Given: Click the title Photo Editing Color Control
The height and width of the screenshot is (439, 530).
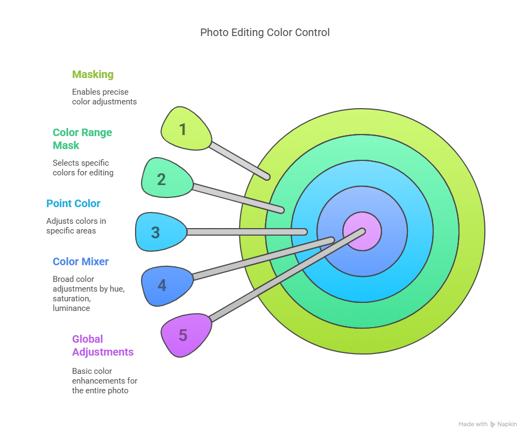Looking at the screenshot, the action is (x=265, y=32).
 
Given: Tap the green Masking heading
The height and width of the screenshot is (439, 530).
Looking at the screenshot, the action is (x=93, y=74).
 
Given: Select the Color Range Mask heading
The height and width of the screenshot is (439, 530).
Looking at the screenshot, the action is (x=82, y=139).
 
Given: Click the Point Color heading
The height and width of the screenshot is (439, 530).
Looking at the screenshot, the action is (x=73, y=203).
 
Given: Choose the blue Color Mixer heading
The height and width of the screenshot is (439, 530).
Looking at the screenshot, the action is (x=81, y=261).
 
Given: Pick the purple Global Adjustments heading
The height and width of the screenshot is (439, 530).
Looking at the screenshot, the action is (x=103, y=345).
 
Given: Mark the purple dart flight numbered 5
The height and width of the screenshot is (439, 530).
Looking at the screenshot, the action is (x=186, y=335).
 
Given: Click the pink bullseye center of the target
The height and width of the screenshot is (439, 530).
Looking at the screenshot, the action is (x=362, y=231).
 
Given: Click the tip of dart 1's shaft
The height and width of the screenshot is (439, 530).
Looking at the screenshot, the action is (x=267, y=177).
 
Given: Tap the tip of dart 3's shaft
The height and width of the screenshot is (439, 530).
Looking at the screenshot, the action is (x=305, y=232).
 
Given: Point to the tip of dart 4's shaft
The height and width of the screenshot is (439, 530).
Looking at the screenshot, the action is (x=332, y=240).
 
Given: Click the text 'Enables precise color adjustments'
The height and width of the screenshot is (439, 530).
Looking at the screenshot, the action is (x=104, y=97).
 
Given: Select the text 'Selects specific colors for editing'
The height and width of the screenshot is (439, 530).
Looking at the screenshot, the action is (x=83, y=168).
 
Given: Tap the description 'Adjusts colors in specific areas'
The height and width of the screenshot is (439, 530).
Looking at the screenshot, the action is (x=76, y=226).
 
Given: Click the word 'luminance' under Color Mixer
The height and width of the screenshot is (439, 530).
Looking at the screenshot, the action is (x=72, y=308).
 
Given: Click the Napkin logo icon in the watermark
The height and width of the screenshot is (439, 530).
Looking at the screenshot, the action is (x=492, y=424).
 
